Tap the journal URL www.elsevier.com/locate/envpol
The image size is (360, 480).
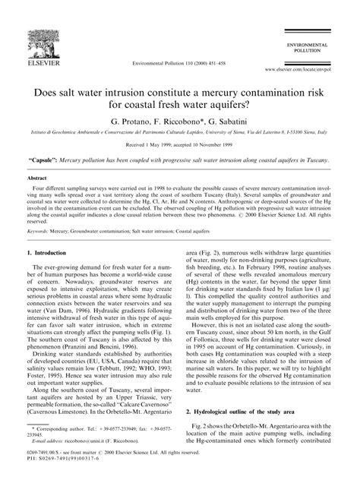coord(313,68)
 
